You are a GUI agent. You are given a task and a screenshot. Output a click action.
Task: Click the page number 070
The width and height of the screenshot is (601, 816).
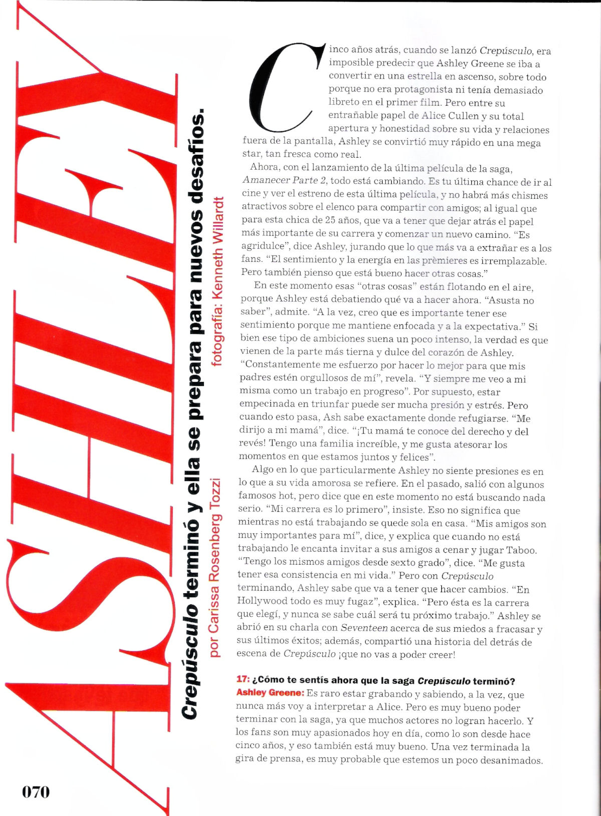[x=36, y=791]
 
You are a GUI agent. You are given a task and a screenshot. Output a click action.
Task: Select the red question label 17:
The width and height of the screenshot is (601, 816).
[x=243, y=680]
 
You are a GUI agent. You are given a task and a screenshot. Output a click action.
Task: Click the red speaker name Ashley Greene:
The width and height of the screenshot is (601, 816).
[x=270, y=693]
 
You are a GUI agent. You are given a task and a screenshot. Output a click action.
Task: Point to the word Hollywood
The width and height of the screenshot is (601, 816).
[x=262, y=602]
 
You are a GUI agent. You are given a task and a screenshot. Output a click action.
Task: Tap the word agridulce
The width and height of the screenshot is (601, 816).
[x=263, y=247]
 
